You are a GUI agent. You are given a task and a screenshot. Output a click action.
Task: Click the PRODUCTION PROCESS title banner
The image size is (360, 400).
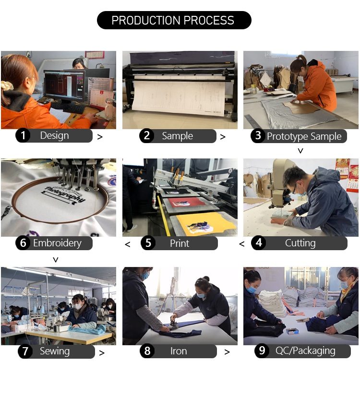point(174,20)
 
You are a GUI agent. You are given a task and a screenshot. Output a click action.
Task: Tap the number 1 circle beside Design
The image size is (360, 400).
point(23,135)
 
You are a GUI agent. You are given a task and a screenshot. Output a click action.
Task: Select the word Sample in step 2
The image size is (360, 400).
point(178,136)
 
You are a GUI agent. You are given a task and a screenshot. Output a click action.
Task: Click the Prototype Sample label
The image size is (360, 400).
point(304,136)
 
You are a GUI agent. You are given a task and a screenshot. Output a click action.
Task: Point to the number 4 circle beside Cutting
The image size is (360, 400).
point(259,242)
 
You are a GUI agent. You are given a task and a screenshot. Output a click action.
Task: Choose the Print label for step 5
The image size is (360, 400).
point(180,243)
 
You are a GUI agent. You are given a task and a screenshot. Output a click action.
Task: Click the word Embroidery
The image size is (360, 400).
point(58,243)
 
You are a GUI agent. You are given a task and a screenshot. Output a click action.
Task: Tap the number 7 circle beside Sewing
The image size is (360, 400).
point(25,352)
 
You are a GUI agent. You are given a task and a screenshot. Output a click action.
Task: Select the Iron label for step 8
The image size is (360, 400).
point(179,352)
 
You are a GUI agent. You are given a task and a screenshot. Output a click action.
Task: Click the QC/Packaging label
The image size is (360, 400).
point(305,351)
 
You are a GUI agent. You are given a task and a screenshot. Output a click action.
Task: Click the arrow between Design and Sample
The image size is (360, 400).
point(100,137)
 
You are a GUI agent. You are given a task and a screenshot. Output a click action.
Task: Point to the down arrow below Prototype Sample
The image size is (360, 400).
point(300,151)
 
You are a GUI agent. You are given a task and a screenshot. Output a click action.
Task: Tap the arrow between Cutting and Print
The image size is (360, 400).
point(242,244)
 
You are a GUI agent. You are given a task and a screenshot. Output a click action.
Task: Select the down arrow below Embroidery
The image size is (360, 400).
point(56,260)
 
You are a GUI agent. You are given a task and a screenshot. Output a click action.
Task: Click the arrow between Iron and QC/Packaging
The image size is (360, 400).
point(227,352)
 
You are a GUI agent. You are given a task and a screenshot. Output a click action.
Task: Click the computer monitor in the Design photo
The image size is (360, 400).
point(64,85)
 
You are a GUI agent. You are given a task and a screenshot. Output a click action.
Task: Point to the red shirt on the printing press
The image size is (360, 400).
point(187,203)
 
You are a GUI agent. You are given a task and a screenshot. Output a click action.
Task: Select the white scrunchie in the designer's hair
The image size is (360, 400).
point(6,85)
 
